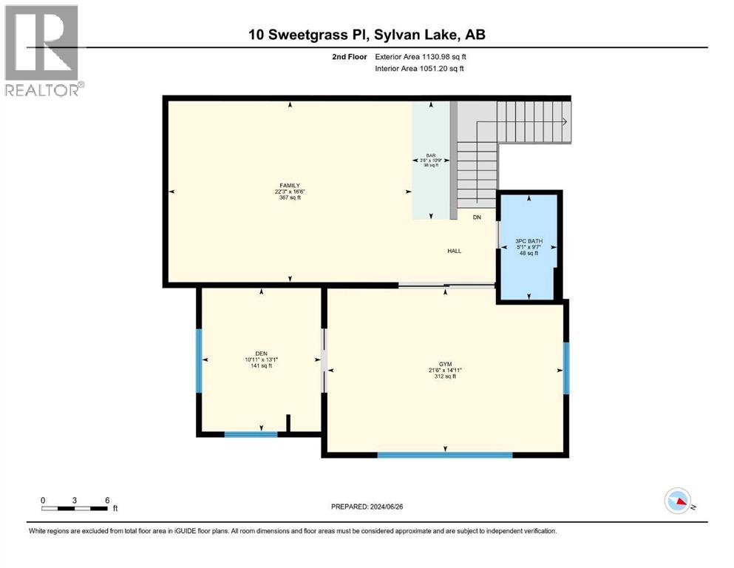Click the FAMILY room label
coord(290,186)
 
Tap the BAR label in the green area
coord(431,155)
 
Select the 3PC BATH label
coord(529,241)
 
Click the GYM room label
coord(445,364)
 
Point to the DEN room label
coord(261,354)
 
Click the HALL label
coord(454,251)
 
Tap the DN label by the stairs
coord(477,217)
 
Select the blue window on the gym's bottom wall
coord(445,455)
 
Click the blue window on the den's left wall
coord(199,361)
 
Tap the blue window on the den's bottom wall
coord(251,435)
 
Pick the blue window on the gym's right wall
coord(566,368)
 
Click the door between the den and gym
coord(324,361)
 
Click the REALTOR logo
coord(43,50)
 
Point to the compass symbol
coord(678,501)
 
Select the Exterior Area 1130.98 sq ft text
coord(421,57)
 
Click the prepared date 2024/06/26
coord(387,507)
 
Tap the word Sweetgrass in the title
coord(307,35)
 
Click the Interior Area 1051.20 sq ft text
coord(419,68)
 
